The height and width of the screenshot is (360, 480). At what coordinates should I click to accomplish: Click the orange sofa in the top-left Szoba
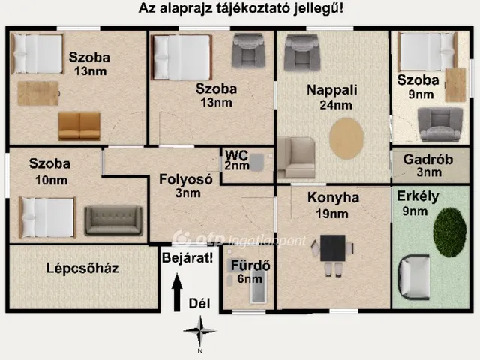(x=79, y=125)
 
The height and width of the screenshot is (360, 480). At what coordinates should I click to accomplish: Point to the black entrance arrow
(x=177, y=292)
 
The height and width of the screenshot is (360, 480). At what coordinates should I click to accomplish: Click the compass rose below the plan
(x=199, y=331)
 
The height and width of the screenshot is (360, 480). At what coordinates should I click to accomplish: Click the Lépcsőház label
(x=82, y=268)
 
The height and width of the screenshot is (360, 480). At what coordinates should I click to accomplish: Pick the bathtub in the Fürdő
(x=258, y=288)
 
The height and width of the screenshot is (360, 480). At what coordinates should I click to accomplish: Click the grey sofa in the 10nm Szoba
(x=113, y=220)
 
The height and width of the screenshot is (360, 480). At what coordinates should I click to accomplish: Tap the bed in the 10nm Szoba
(x=46, y=217)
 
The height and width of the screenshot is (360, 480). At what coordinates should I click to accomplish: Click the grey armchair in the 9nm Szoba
(x=440, y=124)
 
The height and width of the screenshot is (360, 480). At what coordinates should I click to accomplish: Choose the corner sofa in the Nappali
(x=295, y=157)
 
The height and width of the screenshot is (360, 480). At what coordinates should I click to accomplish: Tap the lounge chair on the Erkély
(x=415, y=276)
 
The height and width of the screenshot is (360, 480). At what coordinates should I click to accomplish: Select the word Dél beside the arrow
(x=199, y=302)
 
